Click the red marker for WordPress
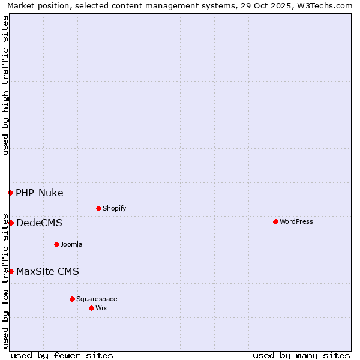click(275, 221)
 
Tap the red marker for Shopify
click(98, 208)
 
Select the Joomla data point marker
click(56, 244)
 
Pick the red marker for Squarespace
click(72, 299)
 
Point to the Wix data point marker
click(91, 308)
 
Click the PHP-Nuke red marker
click(10, 193)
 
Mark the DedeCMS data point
click(11, 223)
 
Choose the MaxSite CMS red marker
click(11, 271)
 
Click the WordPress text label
click(296, 221)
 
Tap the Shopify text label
click(114, 208)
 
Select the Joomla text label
click(71, 244)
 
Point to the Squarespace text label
click(97, 299)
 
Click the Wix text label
click(101, 308)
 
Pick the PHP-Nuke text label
click(40, 193)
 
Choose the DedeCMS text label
click(39, 223)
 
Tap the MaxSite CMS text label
click(47, 271)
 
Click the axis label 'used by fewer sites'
click(62, 355)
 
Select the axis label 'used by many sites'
click(301, 355)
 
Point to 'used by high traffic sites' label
click(5, 85)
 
